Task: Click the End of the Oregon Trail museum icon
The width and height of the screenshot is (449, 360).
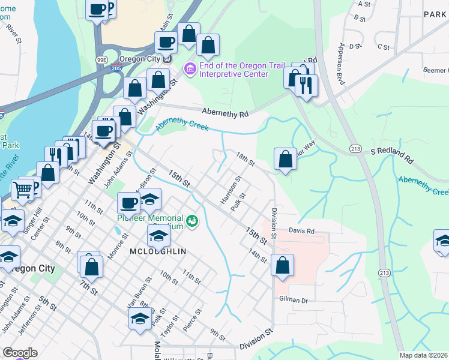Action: (190, 68)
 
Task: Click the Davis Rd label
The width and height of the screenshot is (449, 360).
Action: (302, 230)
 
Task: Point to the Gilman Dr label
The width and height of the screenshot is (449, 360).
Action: (293, 299)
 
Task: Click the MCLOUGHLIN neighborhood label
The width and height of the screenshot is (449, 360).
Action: (158, 251)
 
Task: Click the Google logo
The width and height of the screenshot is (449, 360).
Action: (20, 353)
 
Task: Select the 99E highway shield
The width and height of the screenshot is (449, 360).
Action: (103, 59)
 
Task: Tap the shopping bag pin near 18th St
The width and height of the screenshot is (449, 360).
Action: (286, 159)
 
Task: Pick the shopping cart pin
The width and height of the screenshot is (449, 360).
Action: (23, 190)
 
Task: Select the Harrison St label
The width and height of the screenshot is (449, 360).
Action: (231, 190)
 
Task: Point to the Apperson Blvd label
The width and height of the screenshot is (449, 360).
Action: (343, 63)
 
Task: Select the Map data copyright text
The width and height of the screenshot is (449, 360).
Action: (423, 355)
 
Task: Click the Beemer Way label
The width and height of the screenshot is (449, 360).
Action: (435, 70)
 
